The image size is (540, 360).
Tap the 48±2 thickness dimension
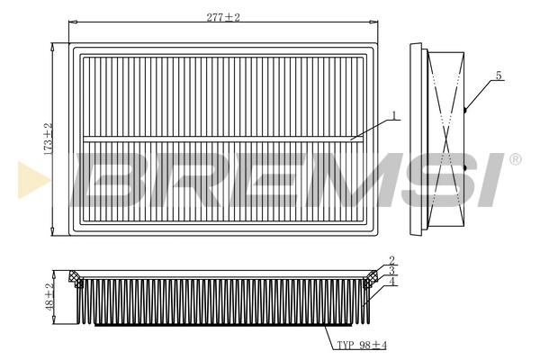[50, 297]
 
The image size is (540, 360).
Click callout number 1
[393, 116]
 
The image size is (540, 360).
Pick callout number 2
[392, 261]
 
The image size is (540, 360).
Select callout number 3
[392, 271]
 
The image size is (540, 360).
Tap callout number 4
[392, 282]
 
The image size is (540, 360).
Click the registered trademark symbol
[515, 159]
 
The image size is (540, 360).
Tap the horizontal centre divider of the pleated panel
[216, 139]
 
